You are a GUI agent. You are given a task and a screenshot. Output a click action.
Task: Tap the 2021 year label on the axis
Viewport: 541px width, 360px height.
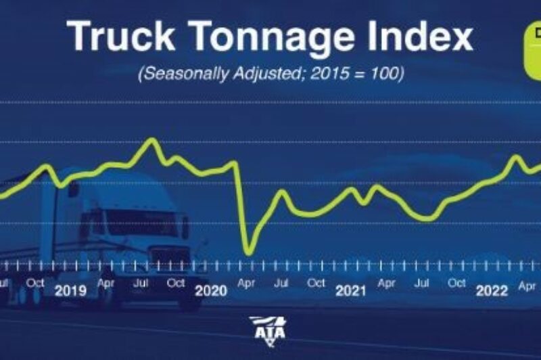[x=350, y=292]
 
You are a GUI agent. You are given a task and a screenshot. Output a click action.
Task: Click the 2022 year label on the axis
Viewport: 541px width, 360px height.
[x=492, y=292]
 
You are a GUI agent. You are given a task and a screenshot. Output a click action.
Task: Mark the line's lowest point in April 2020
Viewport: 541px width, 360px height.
[x=248, y=252]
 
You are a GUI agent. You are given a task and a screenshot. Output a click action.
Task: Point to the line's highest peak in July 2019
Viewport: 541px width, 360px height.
[x=152, y=139]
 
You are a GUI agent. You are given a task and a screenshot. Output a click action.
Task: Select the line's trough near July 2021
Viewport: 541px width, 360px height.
[x=425, y=219]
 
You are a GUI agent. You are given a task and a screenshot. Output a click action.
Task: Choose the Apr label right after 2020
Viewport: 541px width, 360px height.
[x=245, y=282]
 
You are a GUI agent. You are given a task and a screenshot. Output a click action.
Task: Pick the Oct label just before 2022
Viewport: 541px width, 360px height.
[x=457, y=282]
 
